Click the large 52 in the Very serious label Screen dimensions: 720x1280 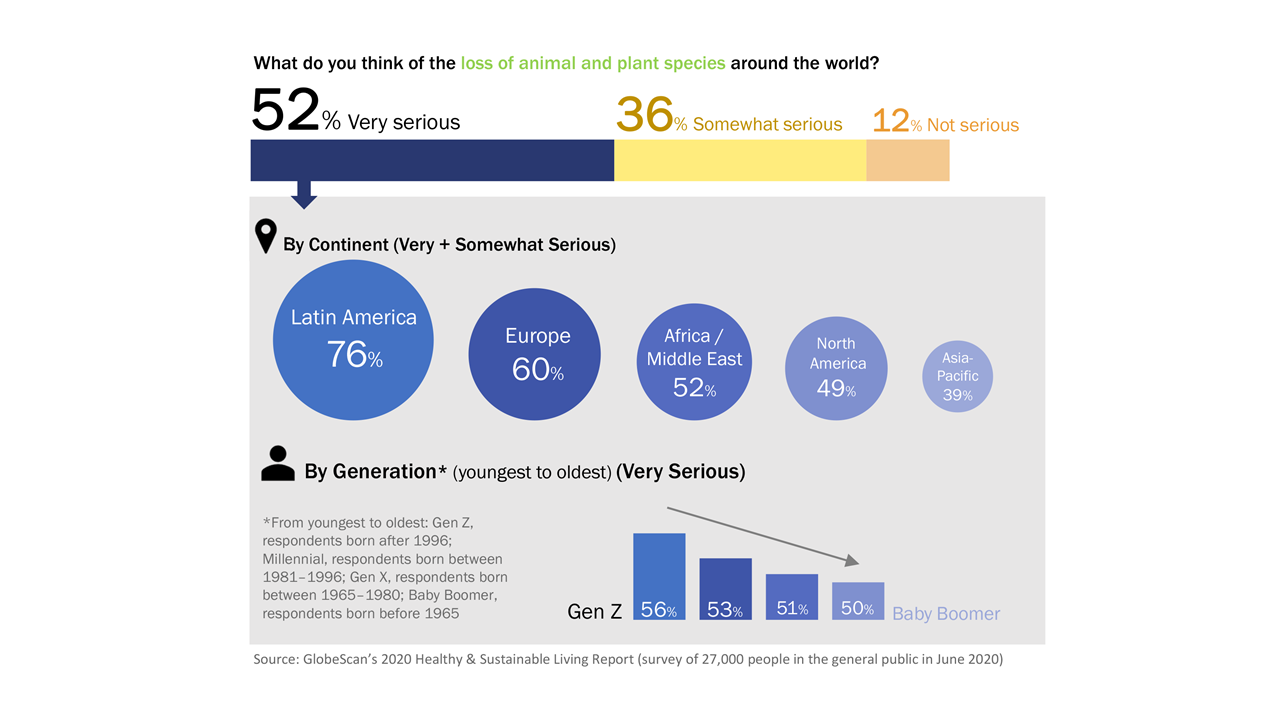coord(285,110)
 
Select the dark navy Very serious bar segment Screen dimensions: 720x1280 coord(431,160)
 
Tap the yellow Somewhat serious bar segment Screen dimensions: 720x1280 coord(739,160)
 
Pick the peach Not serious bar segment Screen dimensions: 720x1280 coord(907,160)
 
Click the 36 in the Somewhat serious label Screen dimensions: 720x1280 coord(645,114)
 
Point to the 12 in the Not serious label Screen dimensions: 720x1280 coord(890,121)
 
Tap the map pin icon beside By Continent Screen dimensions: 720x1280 coord(265,237)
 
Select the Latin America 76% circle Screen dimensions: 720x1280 coord(353,339)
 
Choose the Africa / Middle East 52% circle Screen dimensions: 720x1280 coord(694,361)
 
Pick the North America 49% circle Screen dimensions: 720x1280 coord(836,368)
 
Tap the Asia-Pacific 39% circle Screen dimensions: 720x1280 coord(958,376)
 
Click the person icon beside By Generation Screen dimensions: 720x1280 coord(278,464)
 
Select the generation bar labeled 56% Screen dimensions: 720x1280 coord(659,576)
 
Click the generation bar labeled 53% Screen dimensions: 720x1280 coord(725,589)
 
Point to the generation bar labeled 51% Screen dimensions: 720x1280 coord(791,596)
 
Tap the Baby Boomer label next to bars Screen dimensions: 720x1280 coord(945,614)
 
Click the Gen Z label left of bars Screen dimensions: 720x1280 coord(594,611)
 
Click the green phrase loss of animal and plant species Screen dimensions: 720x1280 coord(593,63)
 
